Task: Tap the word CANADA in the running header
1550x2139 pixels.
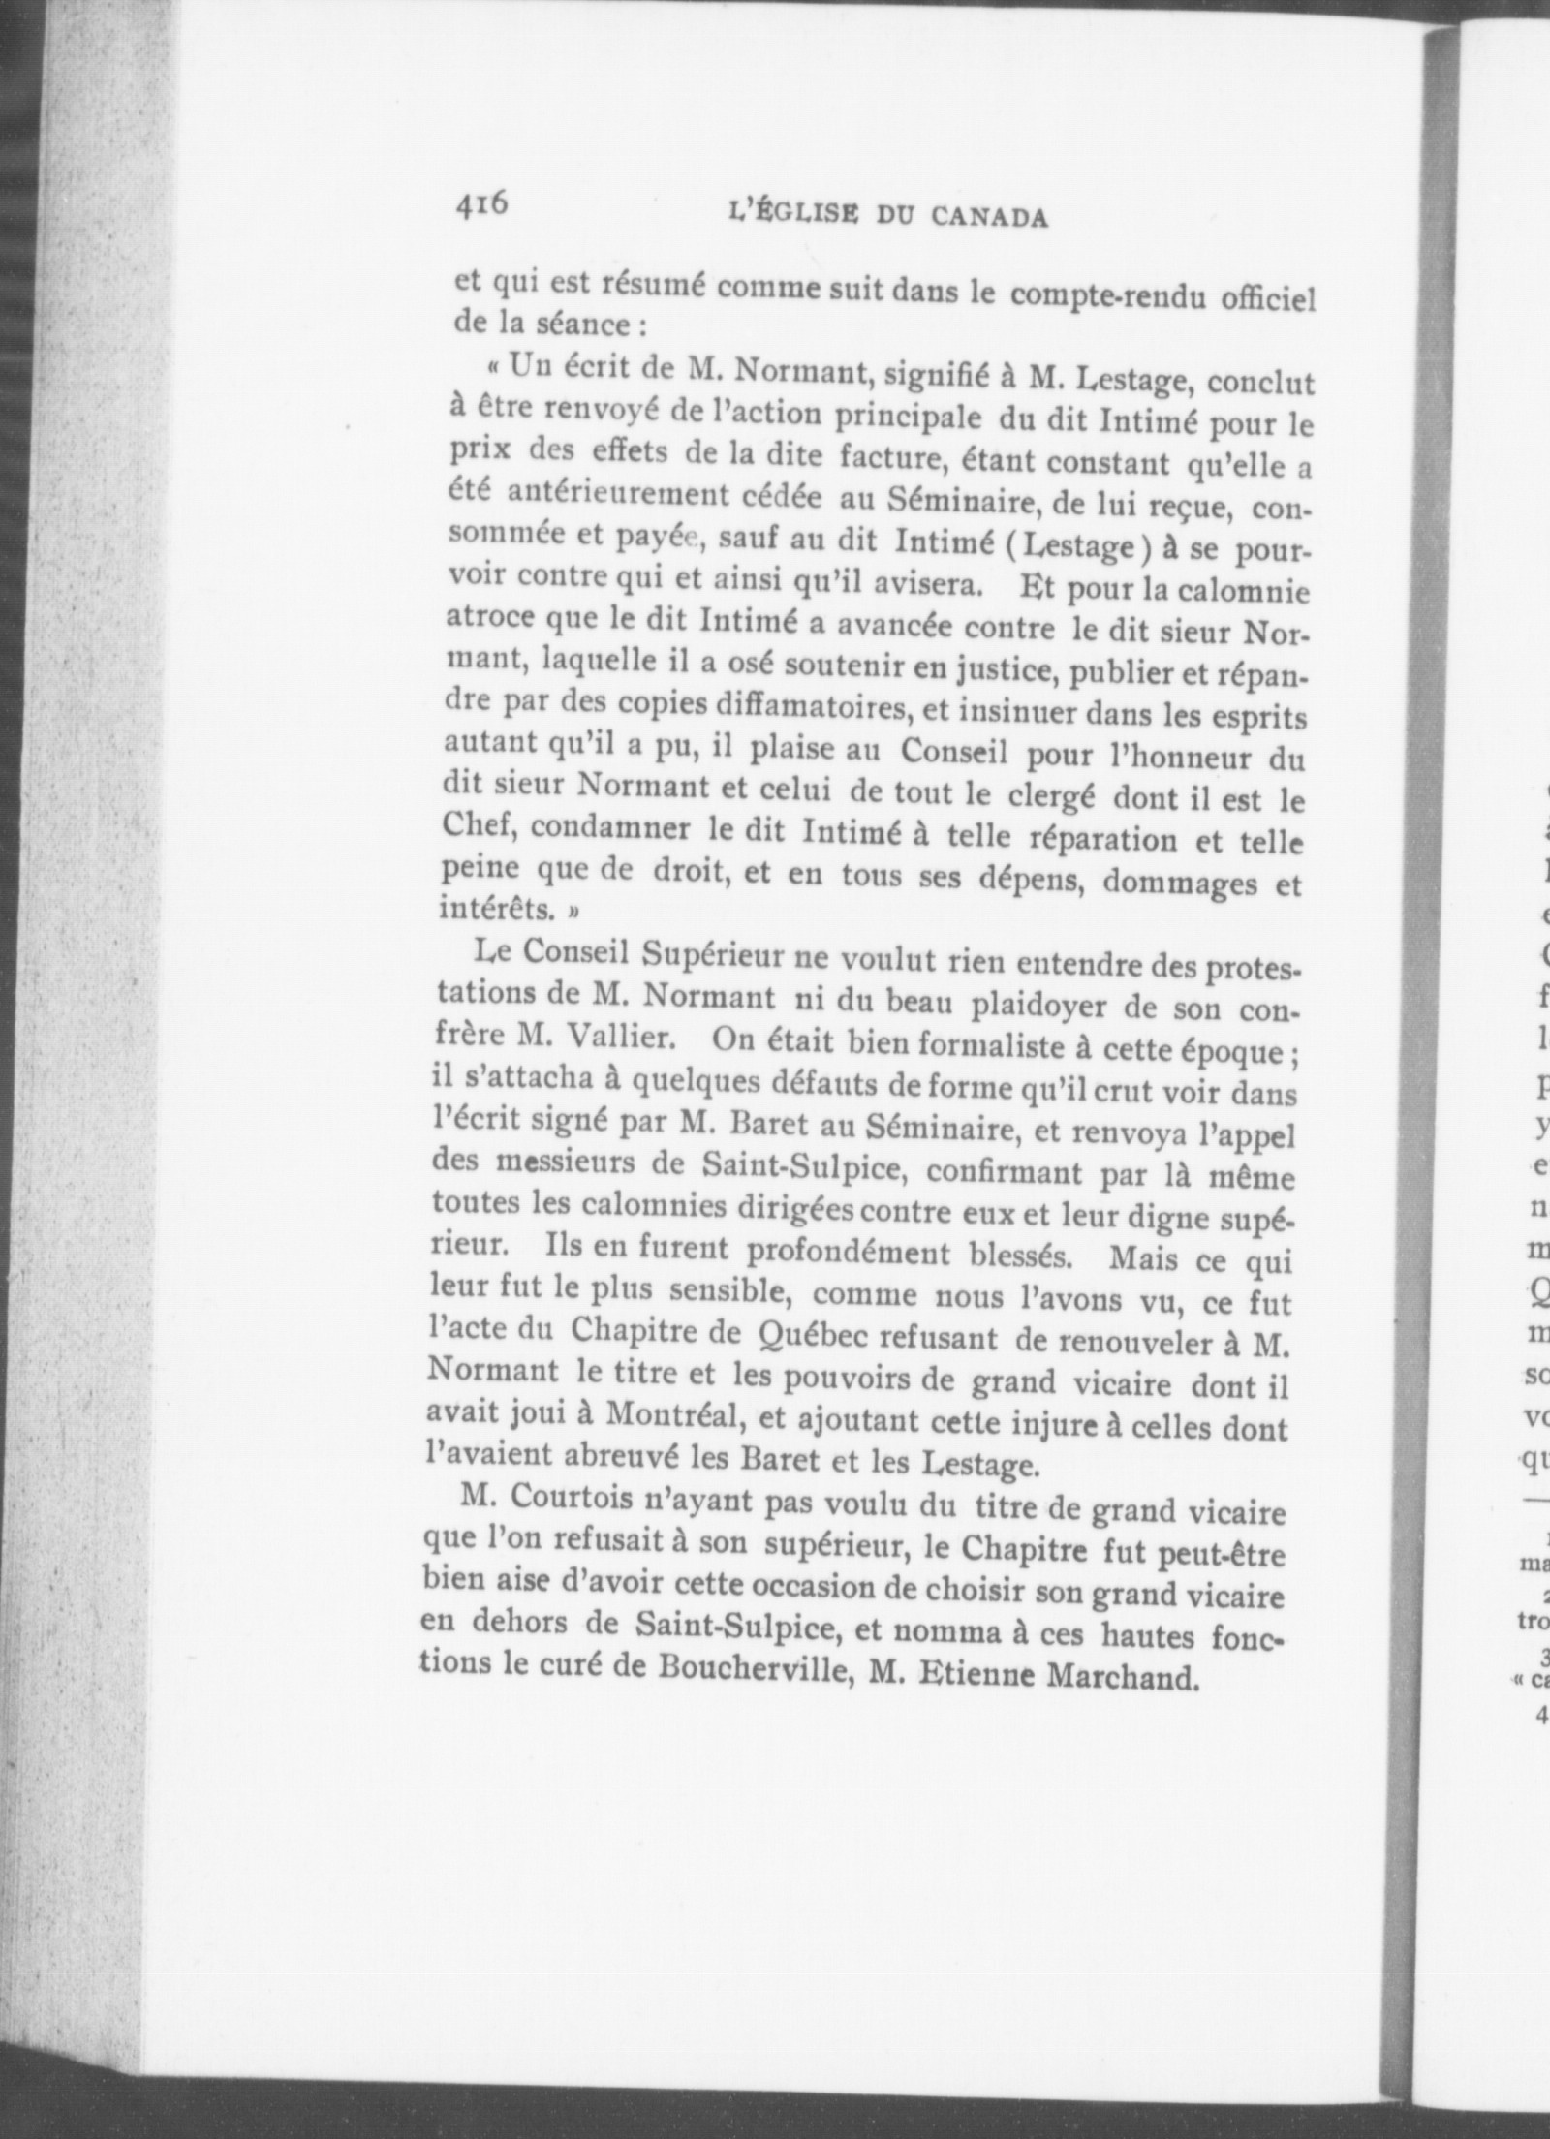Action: click(989, 217)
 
